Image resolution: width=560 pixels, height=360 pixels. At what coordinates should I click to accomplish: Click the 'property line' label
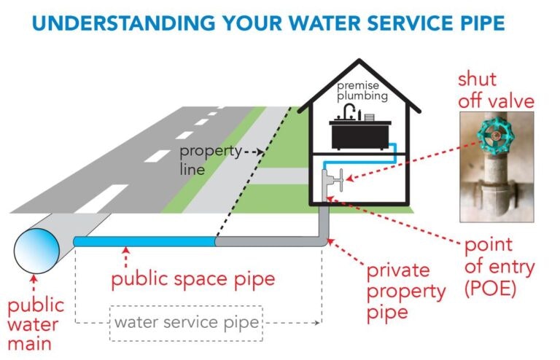211,160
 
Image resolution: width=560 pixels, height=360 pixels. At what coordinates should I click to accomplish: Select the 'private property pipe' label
405,292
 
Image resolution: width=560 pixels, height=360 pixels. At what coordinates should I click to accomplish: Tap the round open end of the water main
36,251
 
